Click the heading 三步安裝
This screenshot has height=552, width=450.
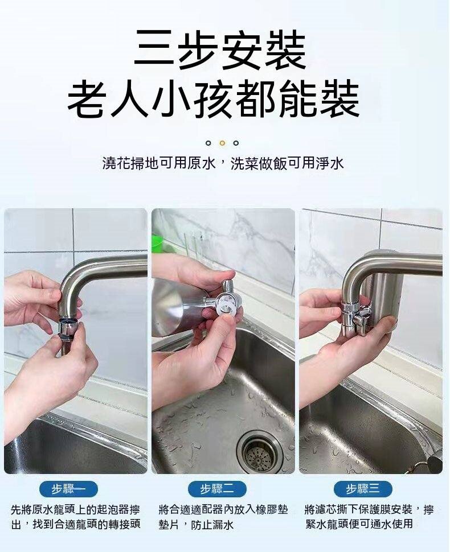click(220, 50)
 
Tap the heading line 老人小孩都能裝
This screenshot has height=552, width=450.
click(214, 100)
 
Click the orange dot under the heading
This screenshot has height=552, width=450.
click(222, 143)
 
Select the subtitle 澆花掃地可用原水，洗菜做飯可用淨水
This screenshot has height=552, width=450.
click(223, 163)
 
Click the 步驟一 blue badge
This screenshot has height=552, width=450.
click(69, 489)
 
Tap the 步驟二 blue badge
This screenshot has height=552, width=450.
click(217, 489)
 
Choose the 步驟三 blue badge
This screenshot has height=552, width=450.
click(363, 489)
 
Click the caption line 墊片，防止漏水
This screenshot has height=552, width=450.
click(195, 525)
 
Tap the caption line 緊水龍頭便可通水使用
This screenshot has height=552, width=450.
click(359, 524)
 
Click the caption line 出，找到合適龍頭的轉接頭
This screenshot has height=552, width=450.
click(76, 525)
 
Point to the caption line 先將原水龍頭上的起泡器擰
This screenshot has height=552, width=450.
click(75, 509)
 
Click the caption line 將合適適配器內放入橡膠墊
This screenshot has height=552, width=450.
click(223, 509)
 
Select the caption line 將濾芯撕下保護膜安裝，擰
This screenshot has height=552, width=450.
click(369, 509)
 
